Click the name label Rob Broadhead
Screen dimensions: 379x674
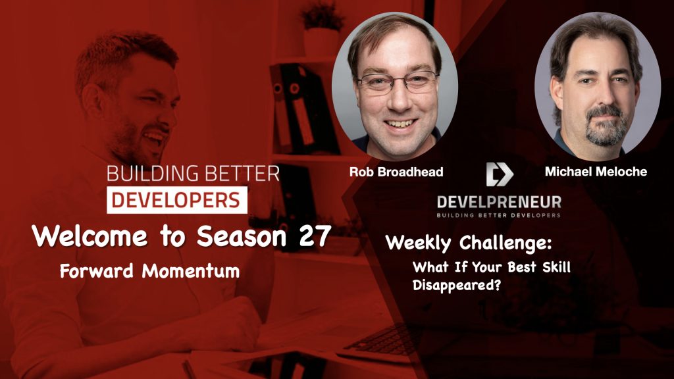point(396,172)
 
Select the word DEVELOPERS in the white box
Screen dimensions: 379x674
point(177,200)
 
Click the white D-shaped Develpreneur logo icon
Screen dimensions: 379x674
point(499,174)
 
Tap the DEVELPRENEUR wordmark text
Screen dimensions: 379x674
point(499,201)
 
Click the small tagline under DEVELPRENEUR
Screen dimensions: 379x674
point(499,215)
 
